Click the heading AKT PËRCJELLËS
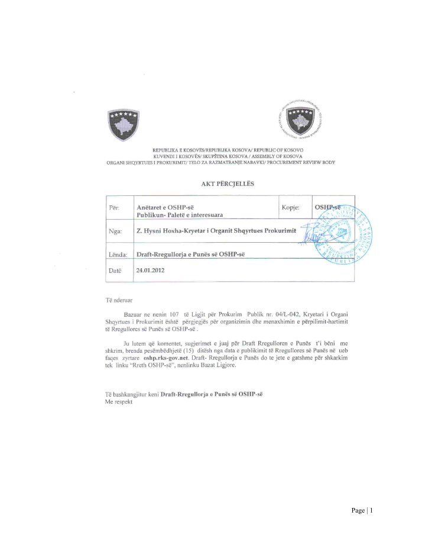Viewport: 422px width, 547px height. tap(228, 184)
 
